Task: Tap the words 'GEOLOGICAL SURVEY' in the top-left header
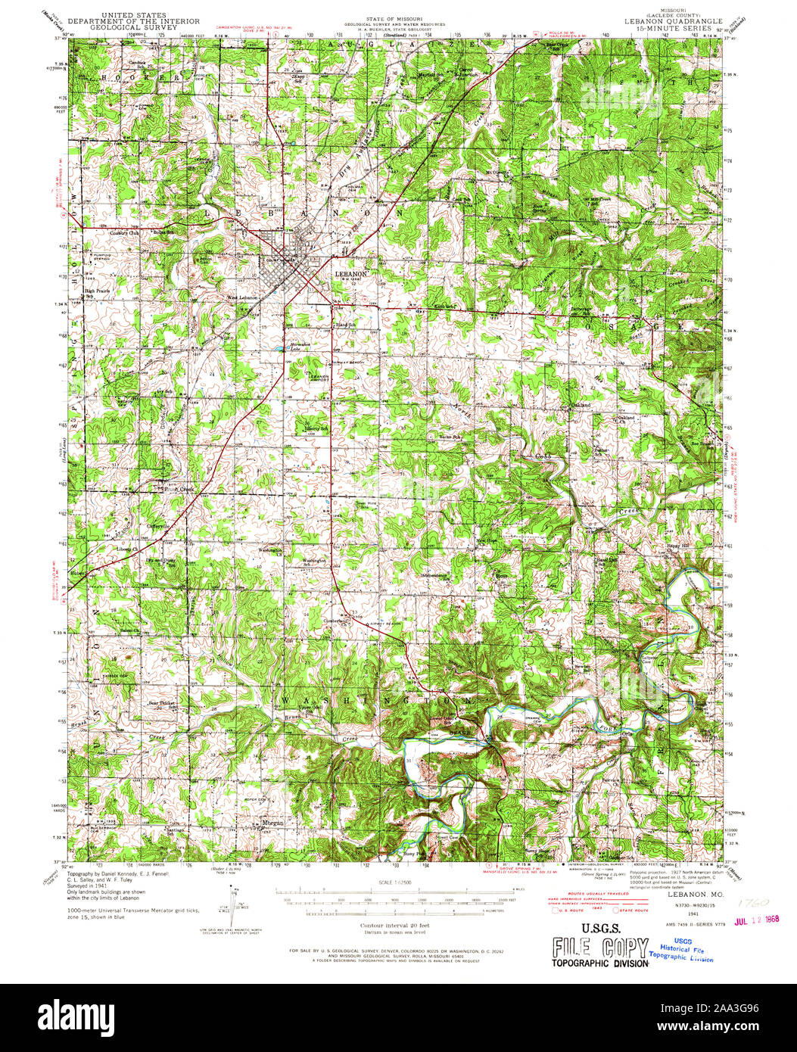[x=133, y=26]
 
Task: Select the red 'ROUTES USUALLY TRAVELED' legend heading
[x=593, y=894]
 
